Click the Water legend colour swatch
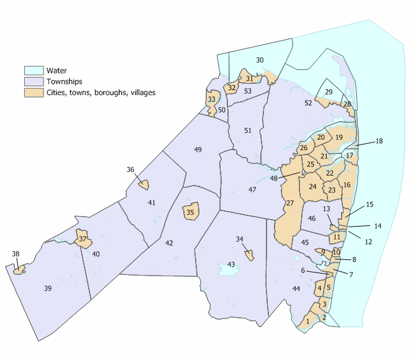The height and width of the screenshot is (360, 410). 31,70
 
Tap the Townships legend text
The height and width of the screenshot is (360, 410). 61,81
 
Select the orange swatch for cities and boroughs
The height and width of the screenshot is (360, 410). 31,92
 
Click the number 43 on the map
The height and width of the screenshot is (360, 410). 231,265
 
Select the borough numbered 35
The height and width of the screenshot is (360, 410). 190,212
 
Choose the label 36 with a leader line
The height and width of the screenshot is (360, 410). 130,169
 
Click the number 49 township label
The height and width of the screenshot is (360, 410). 198,150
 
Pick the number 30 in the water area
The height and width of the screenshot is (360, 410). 260,60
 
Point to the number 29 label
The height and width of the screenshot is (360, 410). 329,92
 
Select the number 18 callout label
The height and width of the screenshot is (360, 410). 379,142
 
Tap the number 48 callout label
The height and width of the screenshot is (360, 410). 274,179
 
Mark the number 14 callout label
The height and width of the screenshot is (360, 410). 378,226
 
